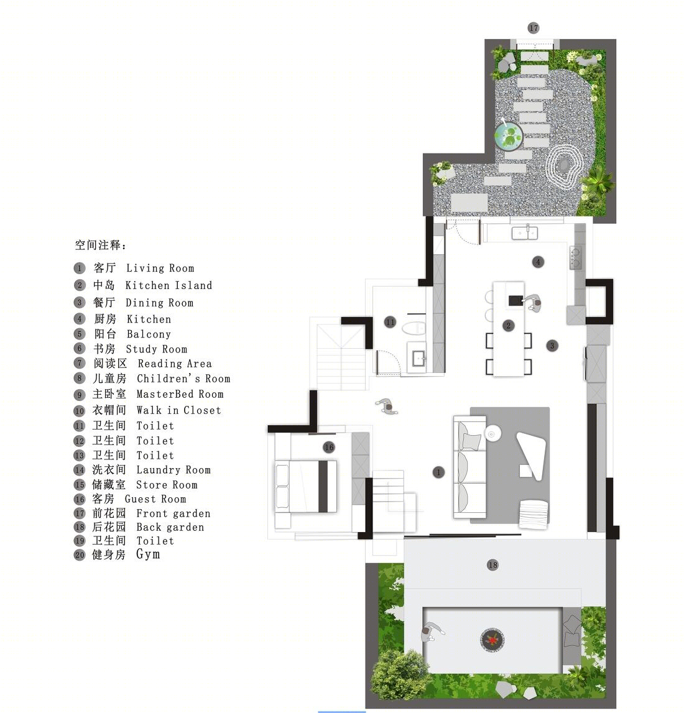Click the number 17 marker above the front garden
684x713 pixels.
coord(534,28)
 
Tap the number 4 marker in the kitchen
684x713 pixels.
coord(538,262)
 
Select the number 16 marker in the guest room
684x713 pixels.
coord(329,448)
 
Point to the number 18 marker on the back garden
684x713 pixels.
coord(492,565)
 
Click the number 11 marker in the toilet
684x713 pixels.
coord(391,323)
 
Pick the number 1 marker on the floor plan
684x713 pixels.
coord(438,472)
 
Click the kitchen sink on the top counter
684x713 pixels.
coord(525,233)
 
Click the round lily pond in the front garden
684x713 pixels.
coord(509,136)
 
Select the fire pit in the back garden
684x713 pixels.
coord(492,640)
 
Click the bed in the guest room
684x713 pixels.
coord(306,487)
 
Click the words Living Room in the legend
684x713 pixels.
coord(160,269)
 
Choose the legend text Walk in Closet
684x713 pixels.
coord(178,410)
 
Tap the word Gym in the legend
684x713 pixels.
coord(148,554)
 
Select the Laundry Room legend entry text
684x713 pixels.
coord(173,470)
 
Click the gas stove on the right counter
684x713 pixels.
coord(575,257)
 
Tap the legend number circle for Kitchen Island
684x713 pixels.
coord(80,285)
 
